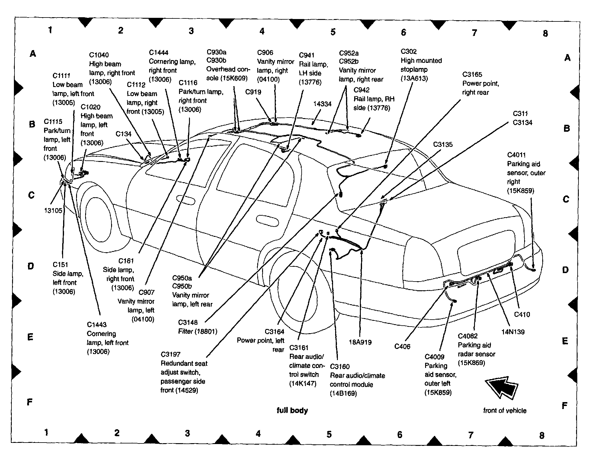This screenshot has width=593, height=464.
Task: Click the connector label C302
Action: [409, 52]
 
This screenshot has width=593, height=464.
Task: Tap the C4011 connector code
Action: [516, 155]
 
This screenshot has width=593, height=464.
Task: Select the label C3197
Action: [171, 354]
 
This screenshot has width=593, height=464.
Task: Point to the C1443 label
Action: [97, 325]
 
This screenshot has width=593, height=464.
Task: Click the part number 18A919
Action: [360, 342]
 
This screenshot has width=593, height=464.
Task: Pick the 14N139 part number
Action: [513, 332]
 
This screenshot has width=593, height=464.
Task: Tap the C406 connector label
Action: [402, 346]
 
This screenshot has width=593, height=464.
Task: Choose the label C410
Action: [522, 314]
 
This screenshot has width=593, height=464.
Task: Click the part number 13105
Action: [53, 211]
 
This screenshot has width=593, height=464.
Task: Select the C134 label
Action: [123, 134]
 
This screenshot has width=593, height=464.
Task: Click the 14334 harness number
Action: [322, 104]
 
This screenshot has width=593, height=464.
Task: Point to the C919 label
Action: [253, 92]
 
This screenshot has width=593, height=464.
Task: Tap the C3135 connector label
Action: [443, 144]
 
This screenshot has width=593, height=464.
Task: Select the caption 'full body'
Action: [292, 410]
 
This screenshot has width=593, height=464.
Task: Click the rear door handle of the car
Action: [267, 221]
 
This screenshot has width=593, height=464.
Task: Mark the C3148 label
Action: [188, 322]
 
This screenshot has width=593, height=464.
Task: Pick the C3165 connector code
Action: [472, 75]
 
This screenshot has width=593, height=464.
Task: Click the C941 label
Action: [306, 55]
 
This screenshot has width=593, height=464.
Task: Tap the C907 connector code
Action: [146, 292]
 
